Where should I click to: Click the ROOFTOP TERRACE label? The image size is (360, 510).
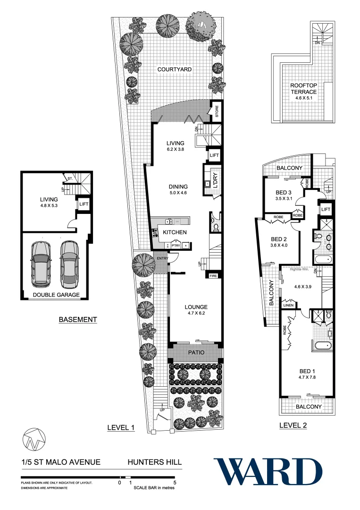303,88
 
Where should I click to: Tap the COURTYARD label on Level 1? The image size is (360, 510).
175,69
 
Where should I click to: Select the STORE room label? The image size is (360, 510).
217,112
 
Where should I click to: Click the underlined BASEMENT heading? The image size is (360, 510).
78,320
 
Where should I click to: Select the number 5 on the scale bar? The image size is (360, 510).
175,483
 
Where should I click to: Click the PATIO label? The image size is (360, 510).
195,352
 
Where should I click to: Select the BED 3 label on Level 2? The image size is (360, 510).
285,193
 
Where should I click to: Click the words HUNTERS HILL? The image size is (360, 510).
155,462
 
